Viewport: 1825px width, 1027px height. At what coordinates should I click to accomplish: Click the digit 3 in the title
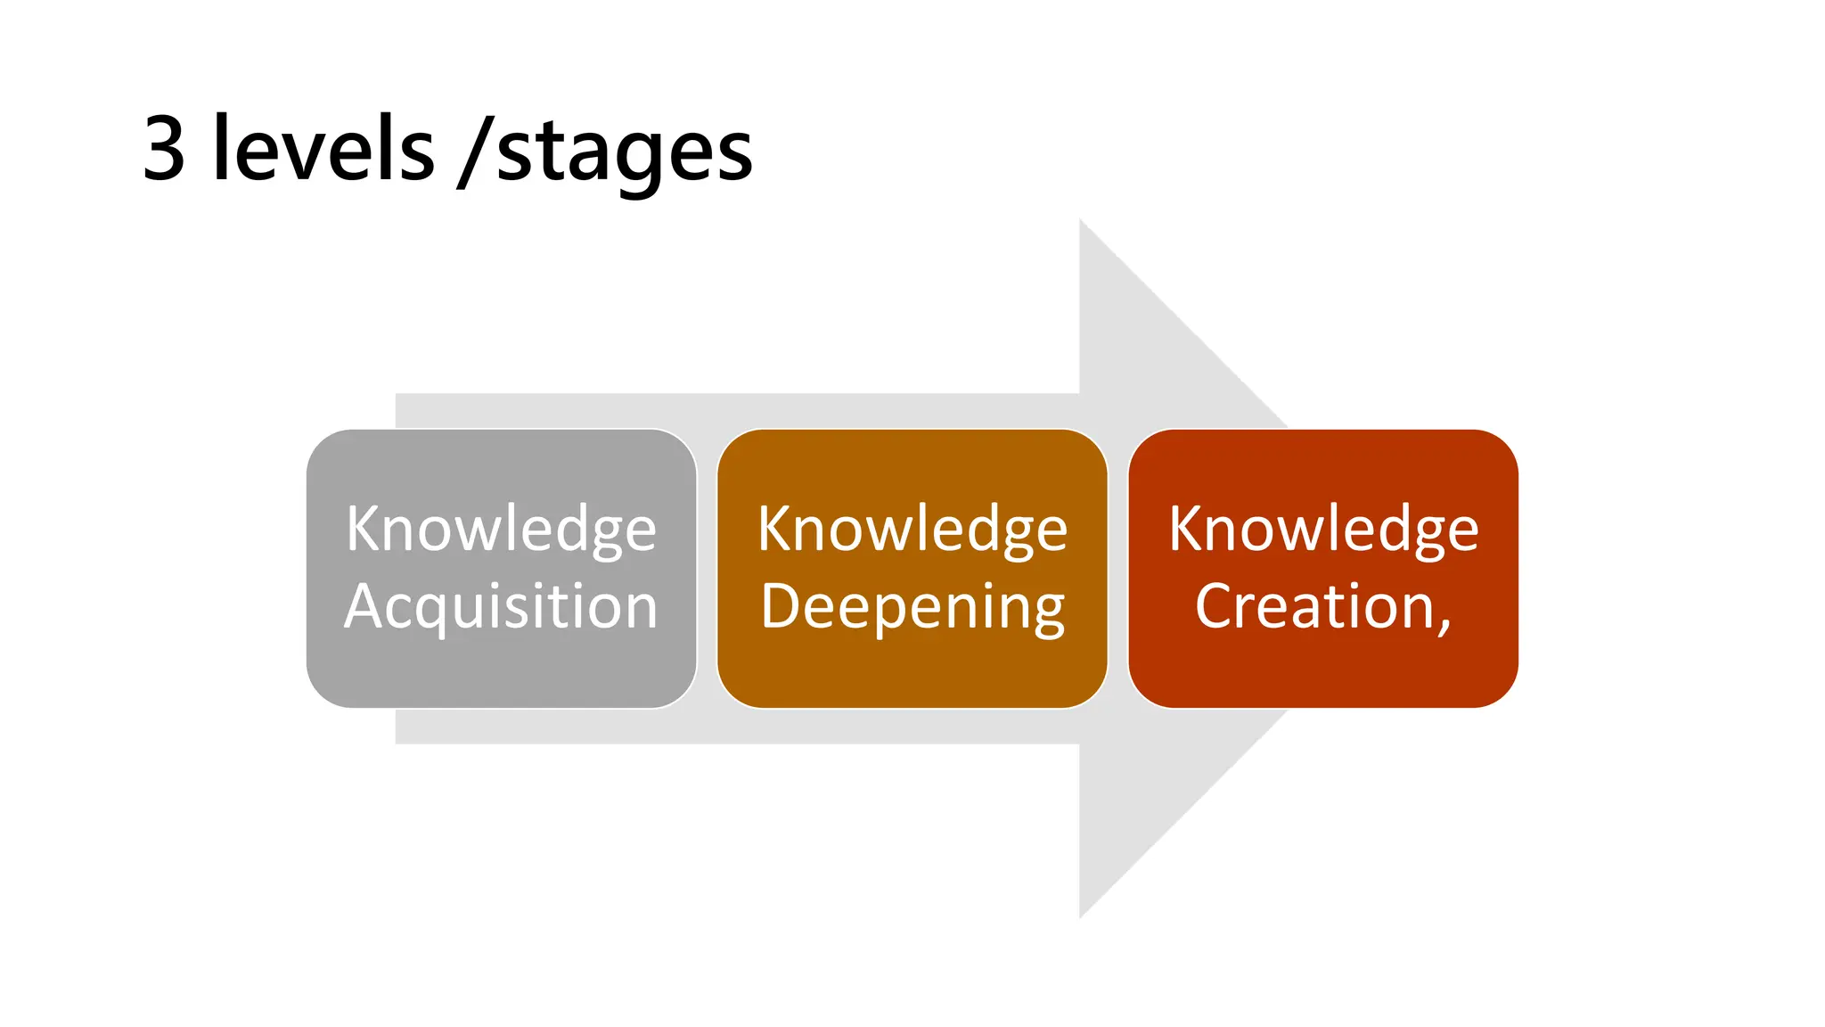[x=165, y=148]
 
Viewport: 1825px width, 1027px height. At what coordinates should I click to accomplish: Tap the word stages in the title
[x=625, y=152]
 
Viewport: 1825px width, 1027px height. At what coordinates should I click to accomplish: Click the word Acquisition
[x=502, y=607]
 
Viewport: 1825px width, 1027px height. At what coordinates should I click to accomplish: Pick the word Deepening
[x=912, y=607]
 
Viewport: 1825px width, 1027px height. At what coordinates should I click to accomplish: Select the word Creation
[x=1314, y=606]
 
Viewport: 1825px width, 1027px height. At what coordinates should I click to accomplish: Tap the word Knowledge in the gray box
[x=502, y=530]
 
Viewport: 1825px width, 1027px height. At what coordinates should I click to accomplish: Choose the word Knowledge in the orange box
[x=912, y=530]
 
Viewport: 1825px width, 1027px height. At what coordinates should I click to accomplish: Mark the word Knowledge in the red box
[x=1323, y=530]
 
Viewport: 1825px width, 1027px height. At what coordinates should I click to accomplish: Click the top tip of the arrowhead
[x=1080, y=219]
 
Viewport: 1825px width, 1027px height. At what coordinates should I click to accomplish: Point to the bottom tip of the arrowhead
[x=1080, y=917]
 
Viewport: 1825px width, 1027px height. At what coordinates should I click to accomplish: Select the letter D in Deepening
[x=781, y=606]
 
